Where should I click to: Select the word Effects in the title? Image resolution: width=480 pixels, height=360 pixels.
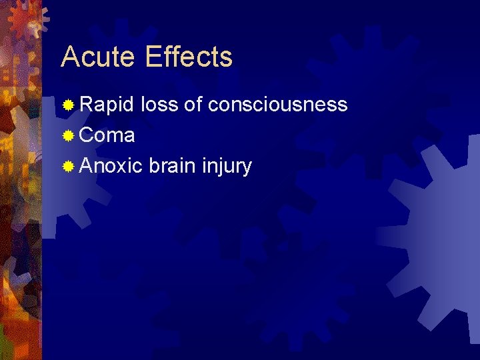pos(188,57)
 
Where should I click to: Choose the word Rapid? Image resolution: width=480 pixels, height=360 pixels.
pos(107,105)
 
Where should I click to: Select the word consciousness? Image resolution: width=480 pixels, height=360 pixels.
pos(278,105)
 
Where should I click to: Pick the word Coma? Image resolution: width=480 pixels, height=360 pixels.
pos(107,136)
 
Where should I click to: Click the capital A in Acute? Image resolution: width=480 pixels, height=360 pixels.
pos(69,57)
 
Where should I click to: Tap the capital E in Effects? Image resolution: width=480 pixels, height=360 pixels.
pos(152,57)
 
